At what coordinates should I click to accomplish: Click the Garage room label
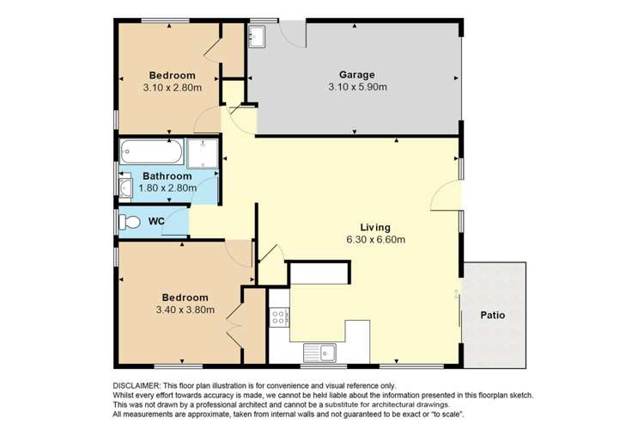(356, 75)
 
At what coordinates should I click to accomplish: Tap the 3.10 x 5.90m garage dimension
(357, 87)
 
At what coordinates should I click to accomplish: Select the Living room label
(375, 228)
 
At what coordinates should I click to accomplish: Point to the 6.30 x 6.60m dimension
(376, 239)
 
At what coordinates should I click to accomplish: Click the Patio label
(493, 316)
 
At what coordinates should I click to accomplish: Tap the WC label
(156, 221)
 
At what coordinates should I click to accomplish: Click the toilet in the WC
(130, 222)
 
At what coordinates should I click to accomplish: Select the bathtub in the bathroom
(151, 152)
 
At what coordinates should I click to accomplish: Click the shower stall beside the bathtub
(203, 153)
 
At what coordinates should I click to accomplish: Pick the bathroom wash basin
(125, 187)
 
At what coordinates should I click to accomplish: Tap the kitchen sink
(319, 353)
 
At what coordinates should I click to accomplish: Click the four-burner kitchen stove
(279, 317)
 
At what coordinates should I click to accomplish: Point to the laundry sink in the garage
(257, 35)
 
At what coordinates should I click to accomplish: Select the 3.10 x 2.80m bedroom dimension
(173, 88)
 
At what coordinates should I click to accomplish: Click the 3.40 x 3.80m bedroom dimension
(185, 310)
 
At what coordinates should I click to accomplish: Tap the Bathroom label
(167, 176)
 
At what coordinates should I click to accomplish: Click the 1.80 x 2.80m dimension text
(167, 188)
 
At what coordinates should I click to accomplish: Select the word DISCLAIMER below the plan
(137, 386)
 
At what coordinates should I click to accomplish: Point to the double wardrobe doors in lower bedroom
(235, 326)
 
